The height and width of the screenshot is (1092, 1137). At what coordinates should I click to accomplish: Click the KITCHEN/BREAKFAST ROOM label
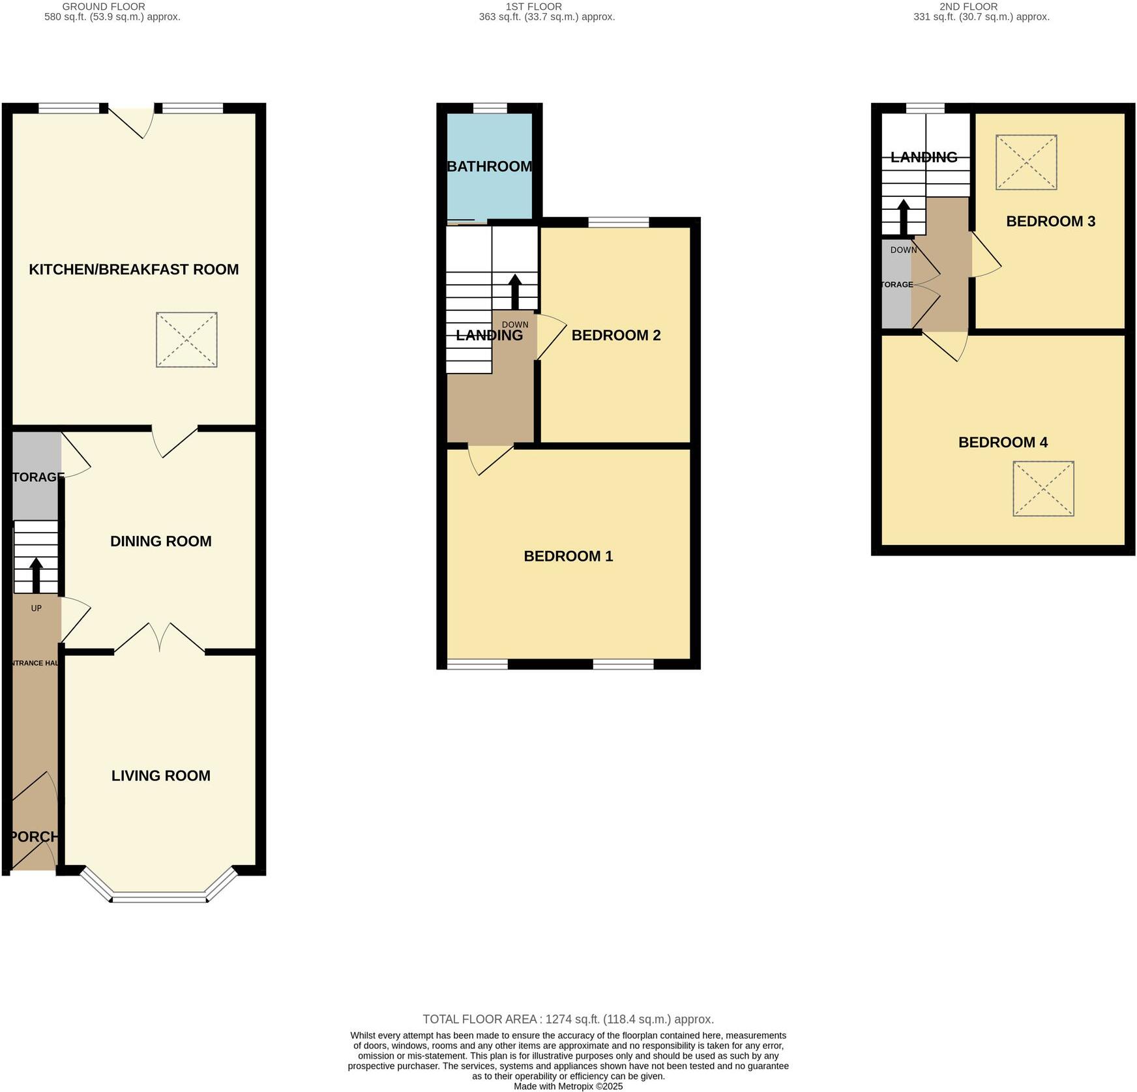134,269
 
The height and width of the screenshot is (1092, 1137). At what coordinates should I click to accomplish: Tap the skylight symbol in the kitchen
186,340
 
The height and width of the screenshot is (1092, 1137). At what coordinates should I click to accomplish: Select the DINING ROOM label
160,541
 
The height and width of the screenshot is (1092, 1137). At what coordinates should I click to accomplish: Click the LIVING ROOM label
160,776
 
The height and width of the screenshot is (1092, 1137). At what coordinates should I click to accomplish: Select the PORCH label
34,836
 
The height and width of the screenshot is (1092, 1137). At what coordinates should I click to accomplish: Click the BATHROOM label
490,166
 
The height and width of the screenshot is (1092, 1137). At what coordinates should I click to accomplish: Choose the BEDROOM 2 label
616,335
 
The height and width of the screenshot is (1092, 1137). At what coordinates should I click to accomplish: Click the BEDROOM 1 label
568,556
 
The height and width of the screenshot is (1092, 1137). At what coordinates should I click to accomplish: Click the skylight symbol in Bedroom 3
1026,162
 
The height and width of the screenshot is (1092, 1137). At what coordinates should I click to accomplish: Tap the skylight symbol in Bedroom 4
1043,489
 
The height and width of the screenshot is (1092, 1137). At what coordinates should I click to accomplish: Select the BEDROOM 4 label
1003,443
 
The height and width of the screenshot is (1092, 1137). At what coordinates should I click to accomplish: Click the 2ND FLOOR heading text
968,7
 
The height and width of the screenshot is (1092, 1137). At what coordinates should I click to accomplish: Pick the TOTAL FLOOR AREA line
568,1019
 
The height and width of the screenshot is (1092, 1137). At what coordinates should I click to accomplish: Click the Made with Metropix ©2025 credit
568,1086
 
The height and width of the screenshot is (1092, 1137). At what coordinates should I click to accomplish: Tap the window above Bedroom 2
618,222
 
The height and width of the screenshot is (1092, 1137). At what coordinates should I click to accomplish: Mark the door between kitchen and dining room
174,441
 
